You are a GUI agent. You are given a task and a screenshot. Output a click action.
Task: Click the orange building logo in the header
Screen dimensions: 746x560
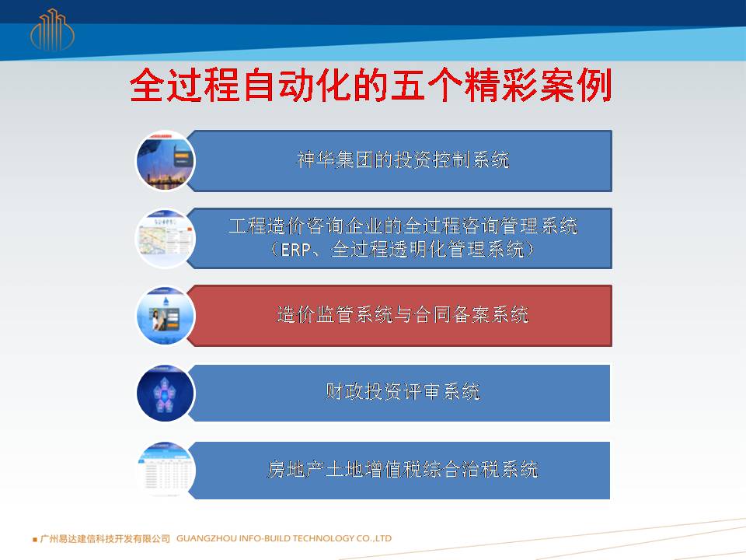(x=52, y=30)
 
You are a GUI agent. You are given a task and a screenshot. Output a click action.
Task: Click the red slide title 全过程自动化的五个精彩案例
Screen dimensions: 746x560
(x=371, y=85)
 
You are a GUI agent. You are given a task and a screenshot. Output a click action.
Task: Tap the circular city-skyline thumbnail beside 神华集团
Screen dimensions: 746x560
(x=165, y=161)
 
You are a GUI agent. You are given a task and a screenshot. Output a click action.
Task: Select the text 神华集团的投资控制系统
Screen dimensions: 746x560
(x=403, y=160)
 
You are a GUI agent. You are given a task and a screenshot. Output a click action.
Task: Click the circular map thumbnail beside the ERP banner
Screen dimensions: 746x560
(x=165, y=238)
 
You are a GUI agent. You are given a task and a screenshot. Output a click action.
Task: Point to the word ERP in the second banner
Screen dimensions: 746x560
(x=295, y=250)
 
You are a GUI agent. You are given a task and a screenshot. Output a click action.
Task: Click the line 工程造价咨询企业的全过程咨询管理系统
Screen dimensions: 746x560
(x=403, y=226)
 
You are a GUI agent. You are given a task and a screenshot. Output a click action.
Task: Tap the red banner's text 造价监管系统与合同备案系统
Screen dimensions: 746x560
(x=403, y=314)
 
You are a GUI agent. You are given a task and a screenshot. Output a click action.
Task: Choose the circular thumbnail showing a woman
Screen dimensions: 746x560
(x=165, y=315)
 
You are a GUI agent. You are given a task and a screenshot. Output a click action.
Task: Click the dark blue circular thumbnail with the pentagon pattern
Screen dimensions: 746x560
(x=165, y=393)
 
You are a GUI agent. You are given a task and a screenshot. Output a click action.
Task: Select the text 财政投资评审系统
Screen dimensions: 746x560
(x=403, y=391)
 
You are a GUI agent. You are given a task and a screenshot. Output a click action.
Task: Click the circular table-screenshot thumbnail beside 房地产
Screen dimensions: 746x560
(x=165, y=470)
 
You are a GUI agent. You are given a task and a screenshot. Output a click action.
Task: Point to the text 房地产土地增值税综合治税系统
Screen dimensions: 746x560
(x=403, y=469)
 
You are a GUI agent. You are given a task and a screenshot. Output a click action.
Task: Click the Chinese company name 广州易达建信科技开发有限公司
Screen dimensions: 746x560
(x=105, y=538)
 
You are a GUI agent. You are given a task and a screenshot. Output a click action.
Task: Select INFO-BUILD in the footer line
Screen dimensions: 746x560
(x=264, y=538)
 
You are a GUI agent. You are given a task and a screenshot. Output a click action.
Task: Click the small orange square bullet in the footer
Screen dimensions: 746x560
(x=35, y=540)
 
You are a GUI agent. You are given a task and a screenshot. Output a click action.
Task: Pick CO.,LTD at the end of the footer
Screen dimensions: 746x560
(x=374, y=538)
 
